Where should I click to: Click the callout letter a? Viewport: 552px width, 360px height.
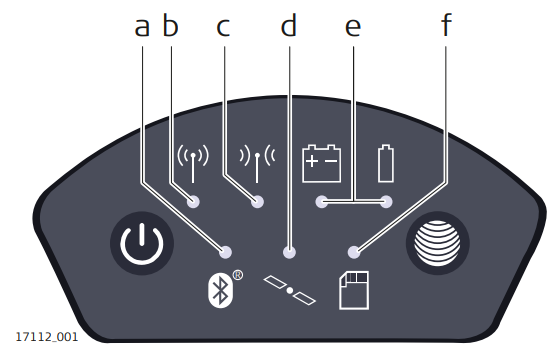[x=142, y=26]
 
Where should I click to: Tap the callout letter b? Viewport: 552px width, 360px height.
[x=170, y=26]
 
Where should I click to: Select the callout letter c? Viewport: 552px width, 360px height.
[x=222, y=26]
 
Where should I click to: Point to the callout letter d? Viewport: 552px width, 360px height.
[x=289, y=26]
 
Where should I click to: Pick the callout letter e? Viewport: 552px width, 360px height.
[x=352, y=26]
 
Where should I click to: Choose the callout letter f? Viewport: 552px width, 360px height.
[x=446, y=26]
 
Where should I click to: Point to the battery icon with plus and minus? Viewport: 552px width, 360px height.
[x=321, y=163]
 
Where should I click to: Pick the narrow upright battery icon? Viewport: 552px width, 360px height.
[x=386, y=163]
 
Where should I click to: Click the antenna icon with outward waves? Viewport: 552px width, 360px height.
[x=192, y=163]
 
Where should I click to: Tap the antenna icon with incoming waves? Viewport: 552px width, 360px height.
[x=257, y=163]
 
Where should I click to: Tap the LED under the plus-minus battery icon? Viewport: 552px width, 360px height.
[x=321, y=202]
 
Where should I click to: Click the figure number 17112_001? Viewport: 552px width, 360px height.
[x=46, y=336]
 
